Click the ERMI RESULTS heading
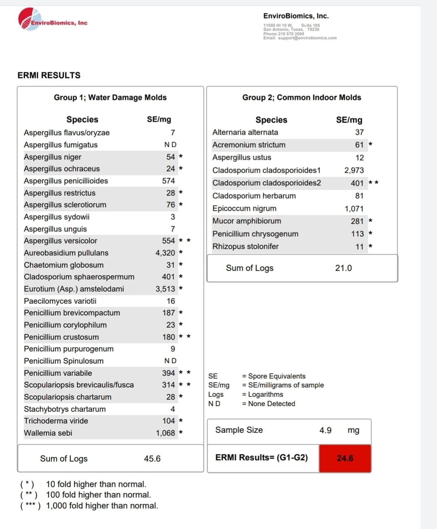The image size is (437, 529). coord(49,75)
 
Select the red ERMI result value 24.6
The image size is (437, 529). coord(345,458)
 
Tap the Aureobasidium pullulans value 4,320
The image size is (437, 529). coord(165,253)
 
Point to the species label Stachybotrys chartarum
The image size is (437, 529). coord(65,409)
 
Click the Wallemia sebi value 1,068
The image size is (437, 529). coord(165,433)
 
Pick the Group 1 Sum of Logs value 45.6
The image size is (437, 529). coord(152,459)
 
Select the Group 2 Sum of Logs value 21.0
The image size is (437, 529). coord(344,268)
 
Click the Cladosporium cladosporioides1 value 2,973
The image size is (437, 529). coord(354,170)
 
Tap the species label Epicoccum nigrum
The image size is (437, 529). coord(244,208)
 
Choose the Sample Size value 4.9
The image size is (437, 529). coord(325,430)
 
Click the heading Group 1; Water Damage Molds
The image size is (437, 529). coord(110,97)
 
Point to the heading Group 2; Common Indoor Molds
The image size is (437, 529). coord(301,97)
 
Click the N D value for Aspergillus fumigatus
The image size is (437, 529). coord(170,144)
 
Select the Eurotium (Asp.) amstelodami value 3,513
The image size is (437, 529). coord(165,289)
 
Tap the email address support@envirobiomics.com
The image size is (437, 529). coord(308,38)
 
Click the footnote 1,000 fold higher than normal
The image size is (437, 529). coord(102,506)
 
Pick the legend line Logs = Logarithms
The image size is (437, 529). coord(246,394)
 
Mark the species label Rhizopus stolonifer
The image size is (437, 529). coord(246,246)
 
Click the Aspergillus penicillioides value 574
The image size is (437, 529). coord(168,181)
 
